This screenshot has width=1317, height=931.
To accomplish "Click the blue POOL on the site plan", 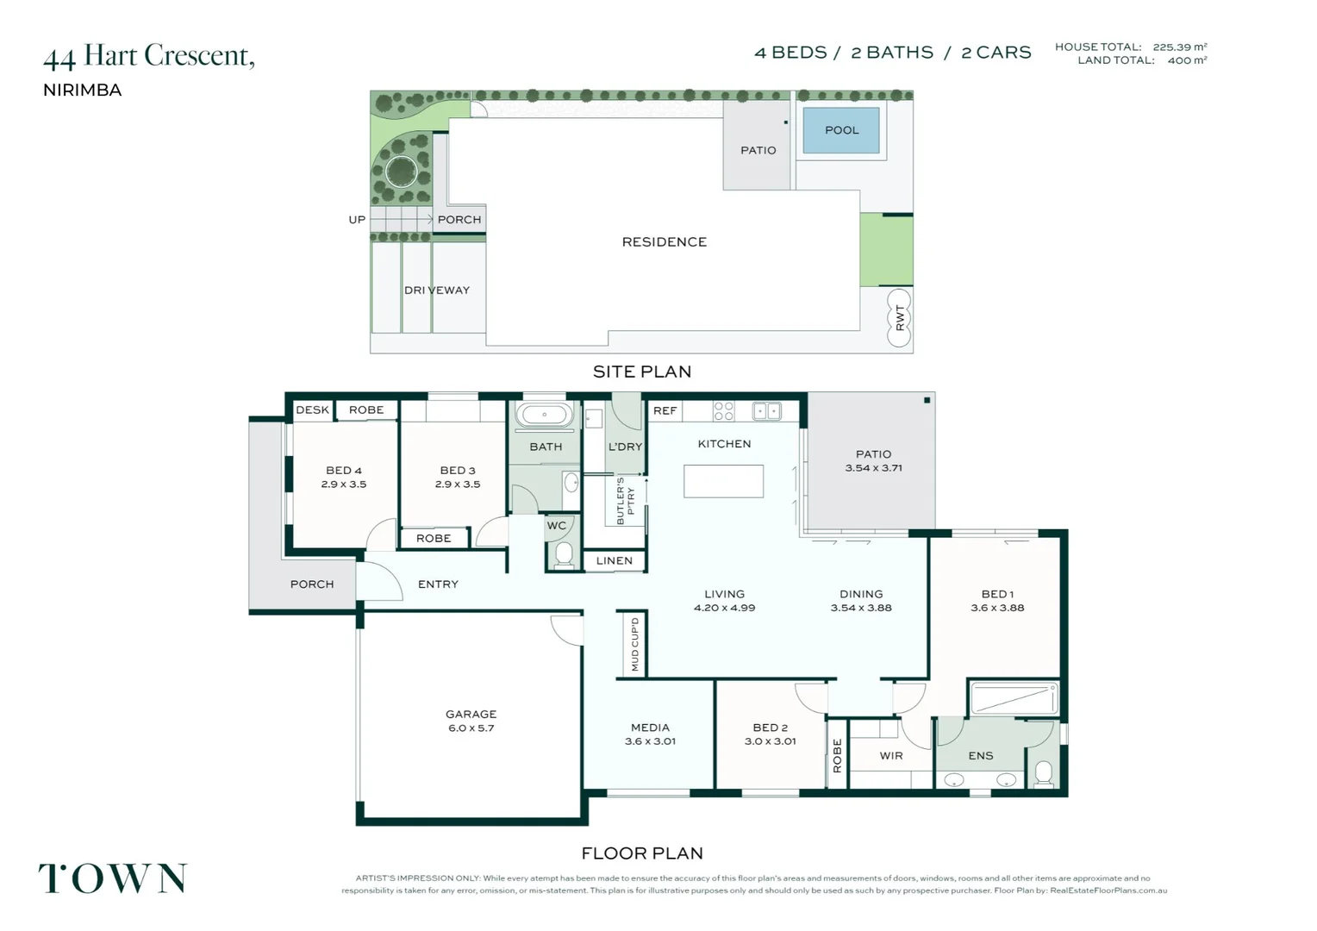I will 841,130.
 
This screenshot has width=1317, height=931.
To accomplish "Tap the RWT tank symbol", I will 899,317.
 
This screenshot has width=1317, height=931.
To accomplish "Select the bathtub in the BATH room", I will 545,415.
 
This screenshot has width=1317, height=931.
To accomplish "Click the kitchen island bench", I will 723,481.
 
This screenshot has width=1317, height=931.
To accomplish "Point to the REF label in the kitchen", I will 665,410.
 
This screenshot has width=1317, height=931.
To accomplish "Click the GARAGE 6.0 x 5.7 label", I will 471,721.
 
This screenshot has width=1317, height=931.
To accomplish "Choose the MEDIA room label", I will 650,734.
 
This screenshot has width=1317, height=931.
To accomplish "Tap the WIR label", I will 891,755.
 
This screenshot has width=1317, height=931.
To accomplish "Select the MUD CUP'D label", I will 635,644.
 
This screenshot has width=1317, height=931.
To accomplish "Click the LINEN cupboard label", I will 614,560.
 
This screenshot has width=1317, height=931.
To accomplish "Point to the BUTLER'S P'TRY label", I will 625,501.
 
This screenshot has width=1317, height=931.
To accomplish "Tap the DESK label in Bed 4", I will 312,409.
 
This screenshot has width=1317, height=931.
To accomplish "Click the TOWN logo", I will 113,878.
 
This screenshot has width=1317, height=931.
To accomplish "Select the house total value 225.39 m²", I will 1179,47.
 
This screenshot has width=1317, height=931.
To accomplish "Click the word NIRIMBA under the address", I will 83,90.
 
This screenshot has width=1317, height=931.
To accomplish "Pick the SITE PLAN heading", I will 642,372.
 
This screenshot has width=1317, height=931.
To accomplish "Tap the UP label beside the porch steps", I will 357,220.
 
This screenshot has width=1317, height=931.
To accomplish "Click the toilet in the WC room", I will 564,553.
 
